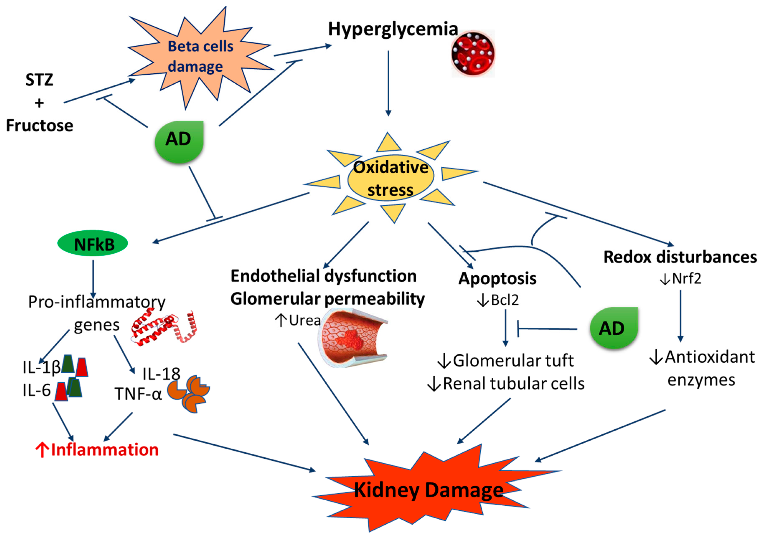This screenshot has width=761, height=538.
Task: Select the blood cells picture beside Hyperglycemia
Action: [x=473, y=54]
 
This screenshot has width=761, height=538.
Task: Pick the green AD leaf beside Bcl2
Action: [x=614, y=328]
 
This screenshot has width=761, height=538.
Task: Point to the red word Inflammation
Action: [x=105, y=450]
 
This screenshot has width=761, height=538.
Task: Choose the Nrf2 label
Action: [x=686, y=279]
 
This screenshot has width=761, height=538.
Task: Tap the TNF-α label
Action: [x=138, y=394]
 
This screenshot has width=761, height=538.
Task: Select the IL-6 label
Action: [x=37, y=390]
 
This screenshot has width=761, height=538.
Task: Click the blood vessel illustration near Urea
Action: [x=353, y=337]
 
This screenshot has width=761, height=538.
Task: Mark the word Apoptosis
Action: [x=497, y=279]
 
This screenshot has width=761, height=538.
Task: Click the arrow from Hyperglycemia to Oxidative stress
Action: [x=388, y=83]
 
